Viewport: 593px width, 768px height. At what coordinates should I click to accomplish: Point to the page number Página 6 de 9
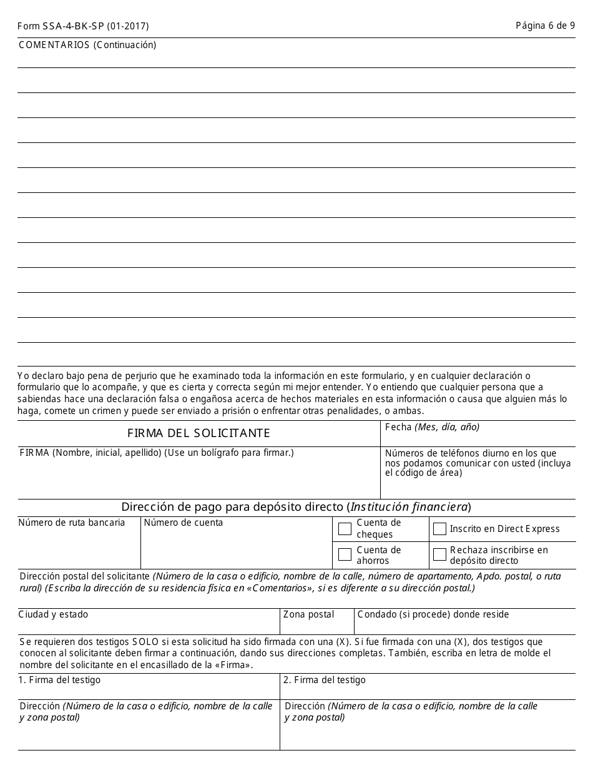[545, 26]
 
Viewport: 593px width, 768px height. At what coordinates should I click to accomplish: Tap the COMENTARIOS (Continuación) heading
[87, 45]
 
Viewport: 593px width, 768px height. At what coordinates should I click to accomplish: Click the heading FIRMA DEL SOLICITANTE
[198, 433]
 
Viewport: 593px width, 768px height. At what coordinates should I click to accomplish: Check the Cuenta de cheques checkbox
[345, 529]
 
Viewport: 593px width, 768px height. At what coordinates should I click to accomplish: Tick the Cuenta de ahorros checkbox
[345, 554]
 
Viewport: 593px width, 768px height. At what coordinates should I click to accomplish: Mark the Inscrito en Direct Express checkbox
[439, 529]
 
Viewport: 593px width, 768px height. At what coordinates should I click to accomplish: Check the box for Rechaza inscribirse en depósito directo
[439, 554]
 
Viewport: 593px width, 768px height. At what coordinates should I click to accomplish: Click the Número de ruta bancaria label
[72, 523]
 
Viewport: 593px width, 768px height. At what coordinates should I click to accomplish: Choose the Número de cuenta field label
[184, 523]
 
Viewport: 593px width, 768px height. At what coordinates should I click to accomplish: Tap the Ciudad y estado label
[54, 615]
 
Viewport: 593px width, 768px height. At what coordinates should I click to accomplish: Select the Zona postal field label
[308, 615]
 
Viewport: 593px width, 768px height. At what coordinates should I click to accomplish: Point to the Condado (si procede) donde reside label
[433, 615]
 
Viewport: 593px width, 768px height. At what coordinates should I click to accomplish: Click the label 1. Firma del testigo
[59, 680]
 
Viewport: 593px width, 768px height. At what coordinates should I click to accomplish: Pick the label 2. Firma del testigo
[325, 680]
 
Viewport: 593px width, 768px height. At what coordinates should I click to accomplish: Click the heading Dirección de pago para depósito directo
[233, 507]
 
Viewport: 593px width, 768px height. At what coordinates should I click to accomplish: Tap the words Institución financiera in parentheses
[409, 507]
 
